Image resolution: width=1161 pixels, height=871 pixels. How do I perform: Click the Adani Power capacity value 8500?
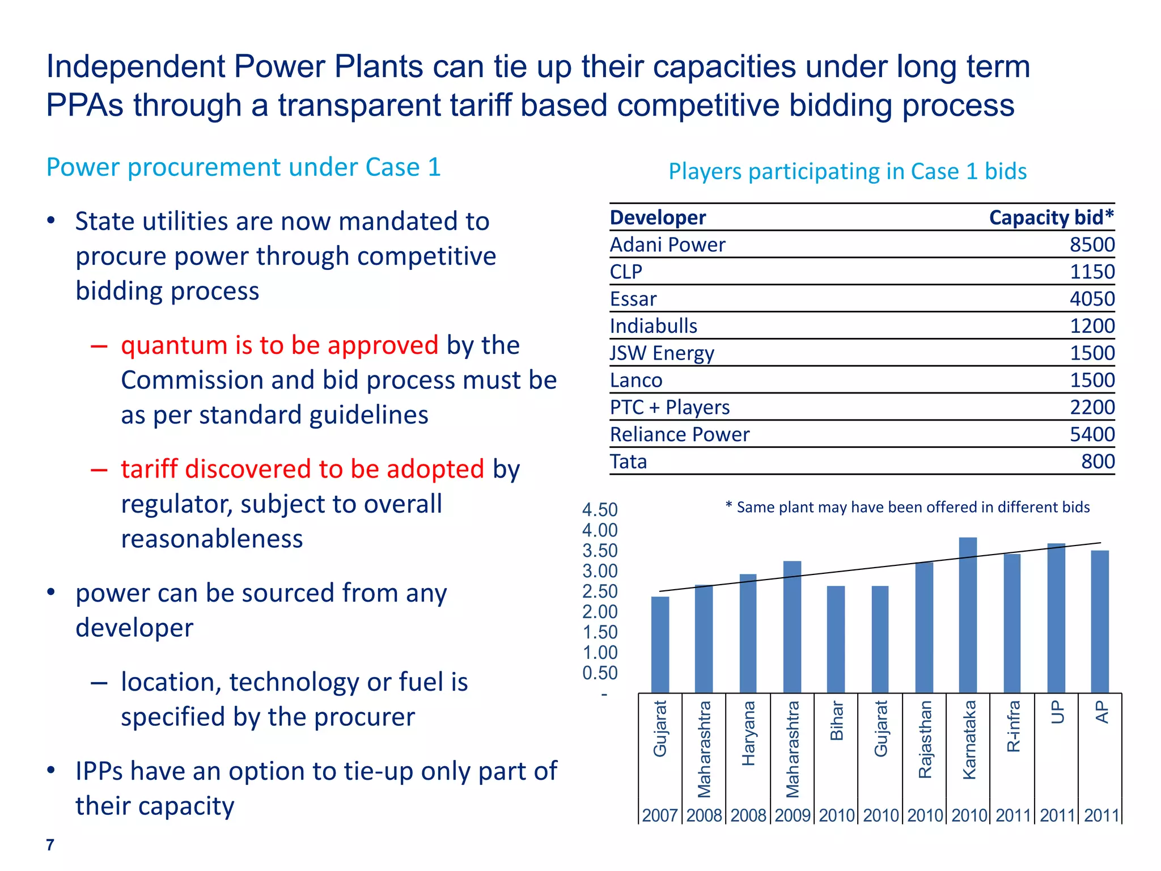tap(1092, 244)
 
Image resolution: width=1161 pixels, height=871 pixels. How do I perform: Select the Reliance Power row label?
tap(679, 434)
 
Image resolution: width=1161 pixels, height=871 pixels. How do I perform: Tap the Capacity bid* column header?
tap(1051, 217)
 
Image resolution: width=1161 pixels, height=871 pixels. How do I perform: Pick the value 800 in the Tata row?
tap(1098, 462)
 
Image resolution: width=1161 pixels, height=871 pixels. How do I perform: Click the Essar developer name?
tap(633, 299)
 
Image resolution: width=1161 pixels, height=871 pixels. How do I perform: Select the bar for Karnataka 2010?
tap(968, 615)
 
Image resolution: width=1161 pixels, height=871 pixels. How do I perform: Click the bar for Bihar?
tap(836, 639)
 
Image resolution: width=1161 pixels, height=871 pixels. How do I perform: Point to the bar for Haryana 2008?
tap(748, 633)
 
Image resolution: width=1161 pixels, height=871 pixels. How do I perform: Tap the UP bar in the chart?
tap(1056, 618)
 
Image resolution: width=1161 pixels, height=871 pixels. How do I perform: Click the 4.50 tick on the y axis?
tap(600, 510)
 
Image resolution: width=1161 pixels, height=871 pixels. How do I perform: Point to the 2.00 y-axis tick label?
tap(600, 612)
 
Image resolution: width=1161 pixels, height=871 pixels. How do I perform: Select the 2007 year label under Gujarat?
tap(659, 815)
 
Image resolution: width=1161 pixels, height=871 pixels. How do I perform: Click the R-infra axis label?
tap(1013, 726)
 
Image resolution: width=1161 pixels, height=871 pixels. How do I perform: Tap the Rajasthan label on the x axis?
tap(925, 739)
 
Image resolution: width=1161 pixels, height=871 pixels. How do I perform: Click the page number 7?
tap(50, 845)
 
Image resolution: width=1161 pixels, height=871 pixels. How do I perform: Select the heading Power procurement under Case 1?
tap(243, 167)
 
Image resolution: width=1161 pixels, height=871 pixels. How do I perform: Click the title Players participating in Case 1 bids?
tap(848, 171)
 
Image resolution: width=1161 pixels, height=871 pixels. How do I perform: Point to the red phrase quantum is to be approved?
tap(279, 345)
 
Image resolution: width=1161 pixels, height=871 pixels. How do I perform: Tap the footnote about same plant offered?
tap(908, 507)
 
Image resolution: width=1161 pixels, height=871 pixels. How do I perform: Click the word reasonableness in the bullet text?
tap(212, 539)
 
